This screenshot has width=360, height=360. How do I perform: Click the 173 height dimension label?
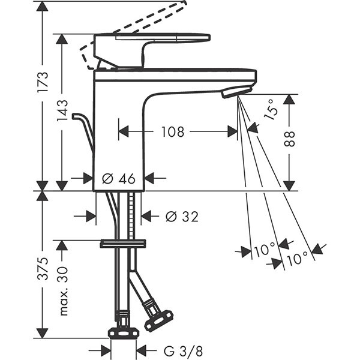(x=43, y=82)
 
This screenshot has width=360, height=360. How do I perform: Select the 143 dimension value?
(x=62, y=110)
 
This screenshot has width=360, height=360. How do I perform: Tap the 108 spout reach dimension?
(x=173, y=132)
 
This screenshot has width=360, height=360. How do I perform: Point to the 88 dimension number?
(x=289, y=139)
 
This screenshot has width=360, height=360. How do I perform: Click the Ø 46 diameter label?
(x=118, y=178)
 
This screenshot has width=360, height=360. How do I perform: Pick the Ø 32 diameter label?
(x=182, y=217)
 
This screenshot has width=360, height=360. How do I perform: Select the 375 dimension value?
(x=43, y=269)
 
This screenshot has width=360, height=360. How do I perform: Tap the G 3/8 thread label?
(x=183, y=351)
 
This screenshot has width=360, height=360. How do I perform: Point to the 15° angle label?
(x=271, y=110)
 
